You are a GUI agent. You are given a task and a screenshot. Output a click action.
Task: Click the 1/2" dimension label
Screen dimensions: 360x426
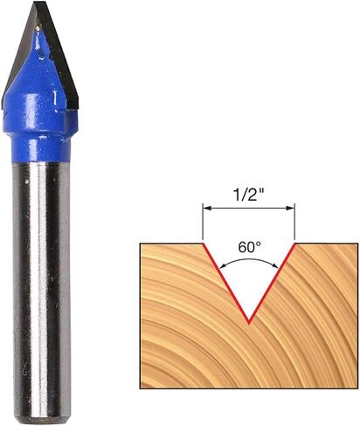click(248, 195)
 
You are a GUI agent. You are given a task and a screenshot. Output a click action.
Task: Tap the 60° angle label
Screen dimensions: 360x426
click(249, 247)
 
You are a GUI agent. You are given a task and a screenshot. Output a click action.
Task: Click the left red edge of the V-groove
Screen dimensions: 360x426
click(225, 283)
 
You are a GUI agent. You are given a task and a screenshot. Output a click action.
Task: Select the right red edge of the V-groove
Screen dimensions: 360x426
click(273, 283)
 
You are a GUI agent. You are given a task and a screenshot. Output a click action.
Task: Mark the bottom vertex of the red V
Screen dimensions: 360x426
click(249, 323)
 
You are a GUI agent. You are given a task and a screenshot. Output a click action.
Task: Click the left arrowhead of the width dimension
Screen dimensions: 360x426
click(206, 208)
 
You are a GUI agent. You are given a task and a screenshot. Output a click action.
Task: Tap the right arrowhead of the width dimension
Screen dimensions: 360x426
click(291, 208)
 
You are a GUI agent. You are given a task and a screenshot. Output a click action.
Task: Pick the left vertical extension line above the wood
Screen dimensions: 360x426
click(203, 222)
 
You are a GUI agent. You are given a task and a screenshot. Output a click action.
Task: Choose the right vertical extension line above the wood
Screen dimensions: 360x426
click(295, 222)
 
